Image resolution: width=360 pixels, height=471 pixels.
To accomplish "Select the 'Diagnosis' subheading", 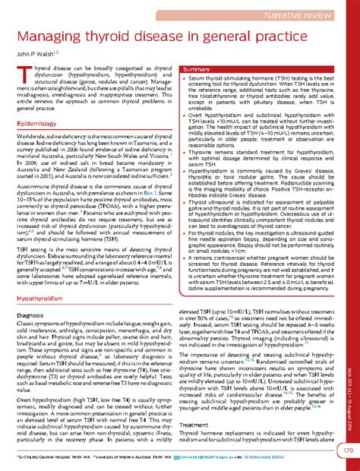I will tap(31, 292).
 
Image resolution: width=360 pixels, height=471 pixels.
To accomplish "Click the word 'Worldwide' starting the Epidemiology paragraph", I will tap(29, 133).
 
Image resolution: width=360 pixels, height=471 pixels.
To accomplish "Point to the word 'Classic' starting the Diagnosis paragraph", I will tap(24, 302).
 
